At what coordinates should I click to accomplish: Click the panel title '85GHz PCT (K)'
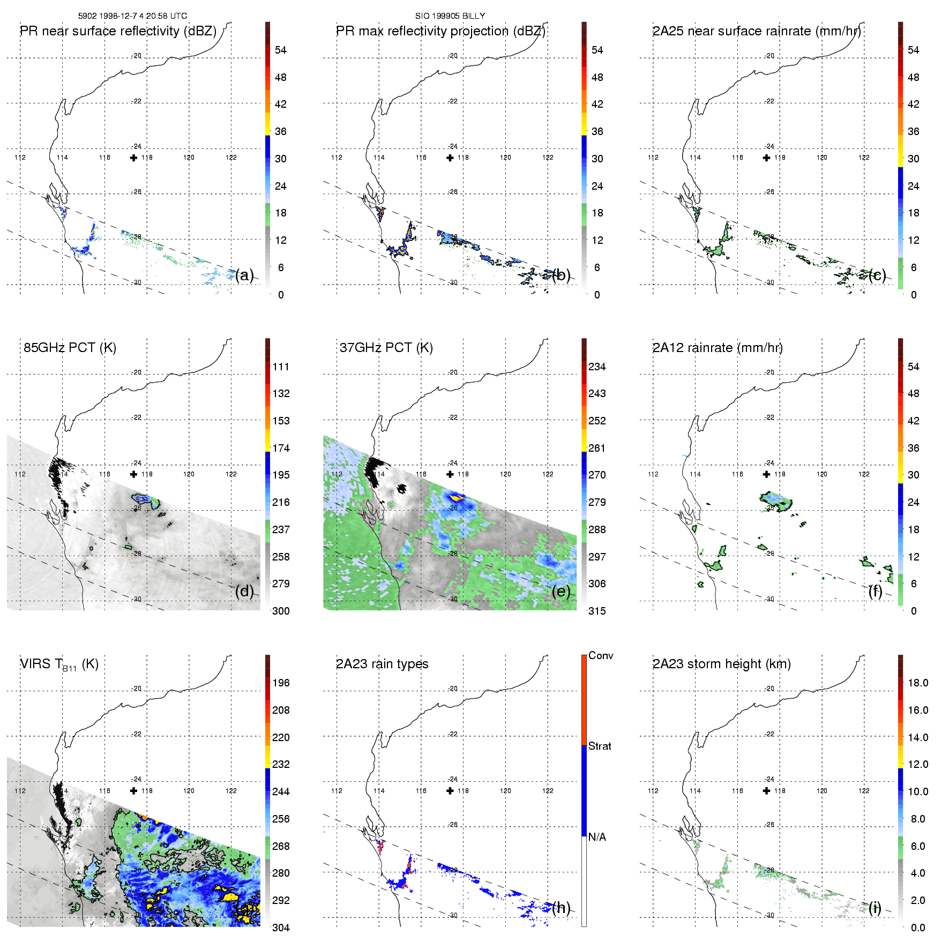click(70, 348)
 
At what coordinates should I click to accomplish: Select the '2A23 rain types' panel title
click(382, 664)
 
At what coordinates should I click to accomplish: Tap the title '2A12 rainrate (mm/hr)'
click(717, 348)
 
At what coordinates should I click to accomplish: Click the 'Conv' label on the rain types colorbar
click(601, 655)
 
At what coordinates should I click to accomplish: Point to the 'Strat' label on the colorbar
click(600, 746)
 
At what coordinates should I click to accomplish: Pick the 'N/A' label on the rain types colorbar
click(597, 837)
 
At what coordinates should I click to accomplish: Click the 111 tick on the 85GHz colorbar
click(281, 367)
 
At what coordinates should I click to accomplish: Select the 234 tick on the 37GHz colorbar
click(597, 367)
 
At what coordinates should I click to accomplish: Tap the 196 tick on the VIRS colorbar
click(281, 683)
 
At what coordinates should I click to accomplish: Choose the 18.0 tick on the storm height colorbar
click(918, 683)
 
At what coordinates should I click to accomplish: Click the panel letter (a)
click(244, 275)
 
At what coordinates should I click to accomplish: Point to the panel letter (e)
click(561, 591)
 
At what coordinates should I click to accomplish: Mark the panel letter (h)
click(561, 907)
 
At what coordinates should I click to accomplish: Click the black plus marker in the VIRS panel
click(133, 790)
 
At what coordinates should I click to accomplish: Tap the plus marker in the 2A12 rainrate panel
click(767, 474)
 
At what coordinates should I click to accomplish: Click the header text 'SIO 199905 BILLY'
click(450, 16)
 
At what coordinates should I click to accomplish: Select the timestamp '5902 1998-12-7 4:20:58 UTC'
click(132, 16)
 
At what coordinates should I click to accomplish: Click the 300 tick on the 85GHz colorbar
click(281, 611)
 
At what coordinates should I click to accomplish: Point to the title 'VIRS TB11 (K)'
click(59, 664)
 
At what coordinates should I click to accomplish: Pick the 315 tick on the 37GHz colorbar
click(597, 611)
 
